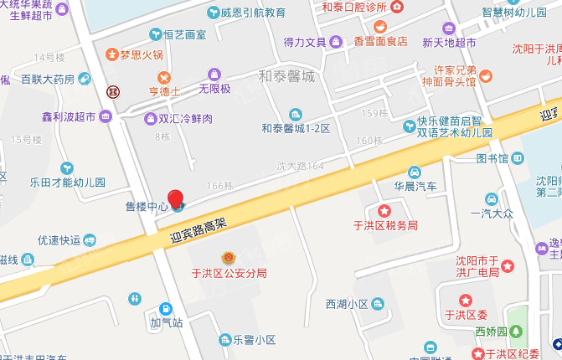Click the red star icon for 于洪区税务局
(384, 210)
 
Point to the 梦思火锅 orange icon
(111, 55)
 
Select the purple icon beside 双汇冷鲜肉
(150, 118)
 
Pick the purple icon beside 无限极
(214, 74)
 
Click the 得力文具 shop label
(305, 41)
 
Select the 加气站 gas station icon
(165, 307)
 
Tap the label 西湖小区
(347, 303)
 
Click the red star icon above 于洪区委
(466, 301)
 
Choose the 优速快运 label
(59, 239)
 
